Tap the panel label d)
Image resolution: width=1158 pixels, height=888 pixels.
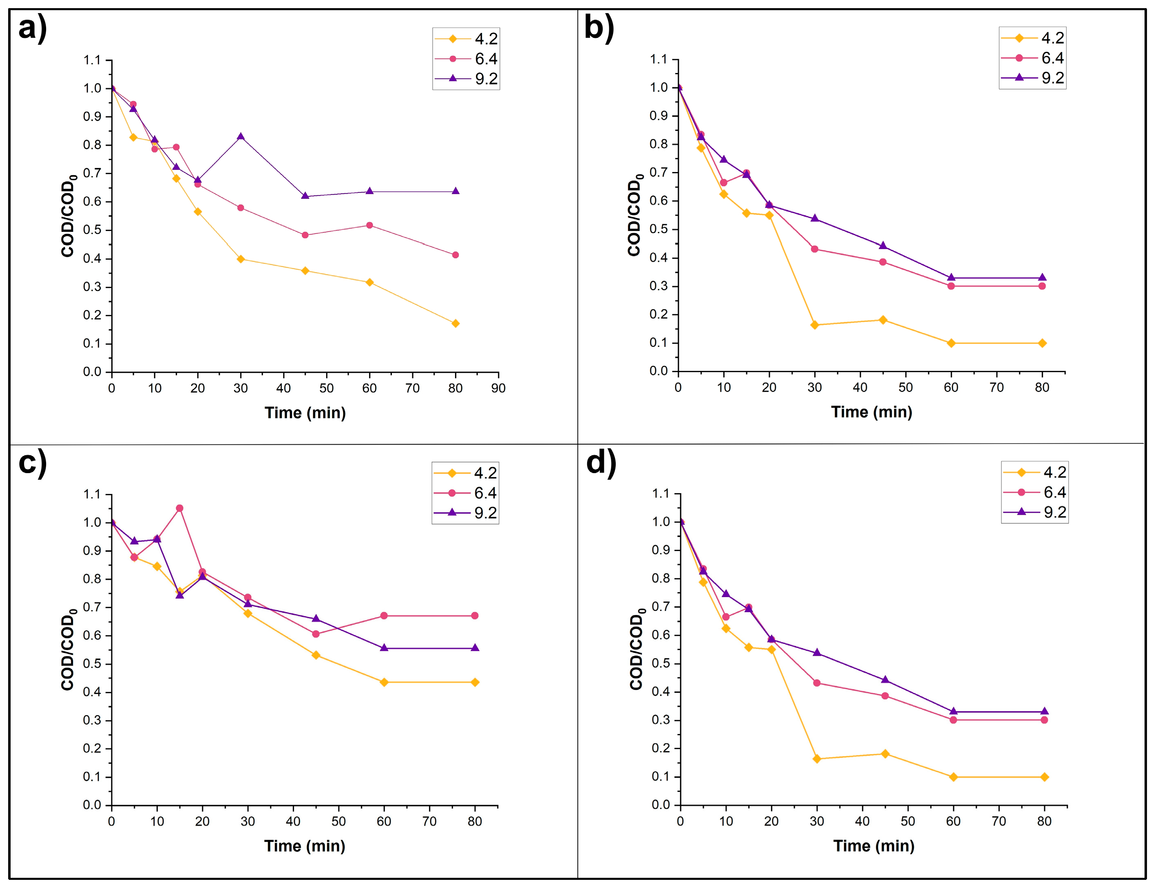click(x=601, y=463)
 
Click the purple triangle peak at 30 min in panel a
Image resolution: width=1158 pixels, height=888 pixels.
click(x=241, y=137)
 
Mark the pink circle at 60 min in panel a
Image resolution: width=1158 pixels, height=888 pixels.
click(x=369, y=226)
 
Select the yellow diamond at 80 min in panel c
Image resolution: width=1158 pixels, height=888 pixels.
click(x=475, y=682)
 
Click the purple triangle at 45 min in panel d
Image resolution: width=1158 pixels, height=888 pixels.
click(x=885, y=680)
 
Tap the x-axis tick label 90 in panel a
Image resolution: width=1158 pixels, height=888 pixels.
click(x=498, y=388)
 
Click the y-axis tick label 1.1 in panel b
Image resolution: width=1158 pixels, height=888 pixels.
click(x=659, y=59)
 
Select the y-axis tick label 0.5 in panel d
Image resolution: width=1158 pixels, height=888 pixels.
click(x=661, y=663)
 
